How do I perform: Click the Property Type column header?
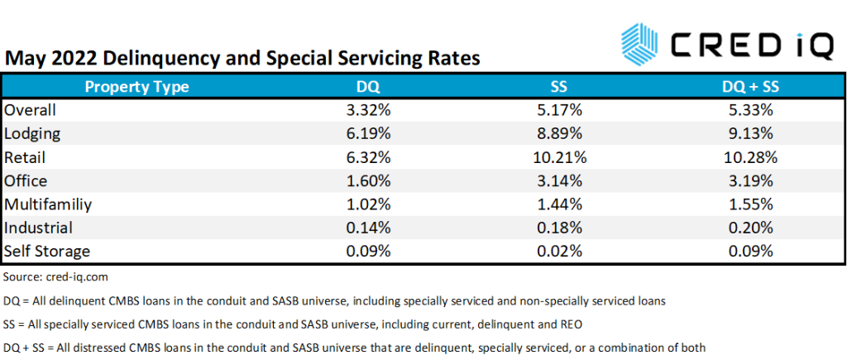[x=137, y=86]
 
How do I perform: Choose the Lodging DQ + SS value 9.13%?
[x=748, y=132]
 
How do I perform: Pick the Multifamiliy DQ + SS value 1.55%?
[x=748, y=203]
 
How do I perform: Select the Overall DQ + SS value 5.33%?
[x=748, y=109]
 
